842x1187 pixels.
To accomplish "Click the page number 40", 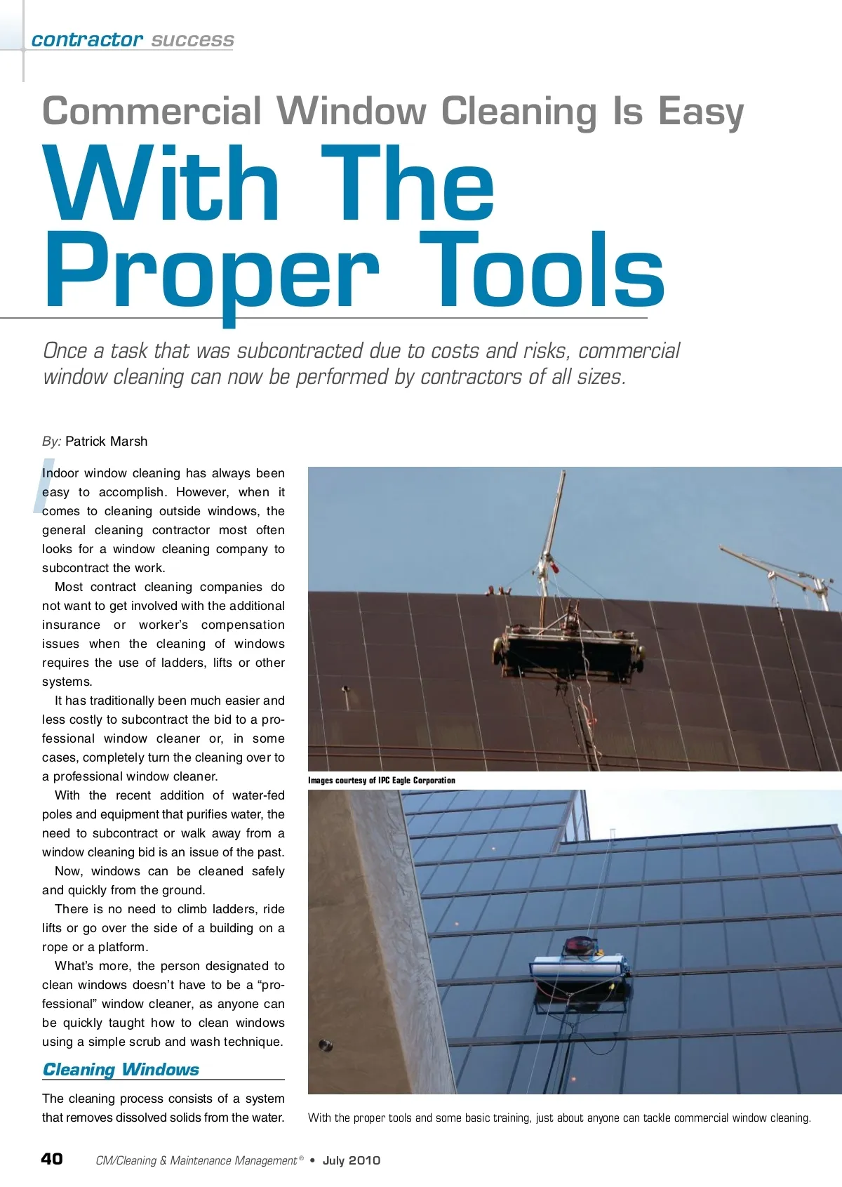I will pos(52,1158).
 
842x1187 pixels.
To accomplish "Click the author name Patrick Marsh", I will pos(106,442).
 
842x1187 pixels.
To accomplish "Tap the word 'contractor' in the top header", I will pos(87,40).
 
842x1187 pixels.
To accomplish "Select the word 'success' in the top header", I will pos(192,40).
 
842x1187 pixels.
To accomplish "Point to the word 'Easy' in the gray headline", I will pos(700,112).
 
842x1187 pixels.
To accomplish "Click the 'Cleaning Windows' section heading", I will pos(121,1069).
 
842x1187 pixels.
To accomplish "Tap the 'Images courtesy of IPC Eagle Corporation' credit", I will pos(381,780).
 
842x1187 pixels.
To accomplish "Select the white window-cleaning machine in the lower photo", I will pos(580,969).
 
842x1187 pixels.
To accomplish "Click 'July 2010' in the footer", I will pos(351,1160).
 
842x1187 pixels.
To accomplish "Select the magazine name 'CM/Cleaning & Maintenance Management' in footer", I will pos(196,1160).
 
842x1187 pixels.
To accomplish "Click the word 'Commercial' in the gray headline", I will pos(152,112).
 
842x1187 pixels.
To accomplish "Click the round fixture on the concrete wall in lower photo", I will pos(325,1046).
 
